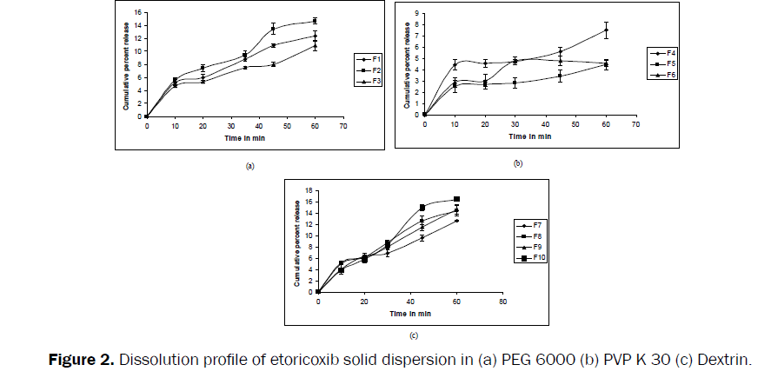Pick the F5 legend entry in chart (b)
tap(667, 63)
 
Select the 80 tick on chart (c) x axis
tap(502, 302)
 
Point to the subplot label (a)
tap(249, 164)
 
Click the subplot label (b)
tap(518, 162)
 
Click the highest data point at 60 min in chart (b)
tap(606, 30)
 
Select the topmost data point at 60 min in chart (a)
tap(315, 21)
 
